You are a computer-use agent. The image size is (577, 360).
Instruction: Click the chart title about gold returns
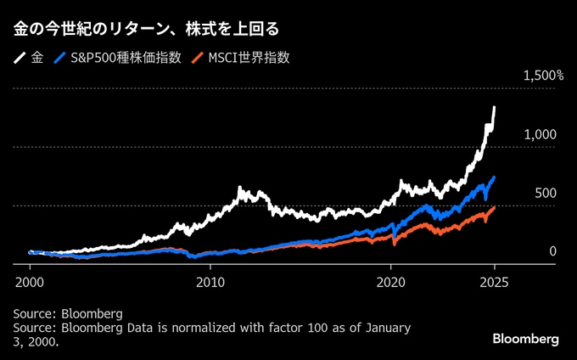pyautogui.click(x=145, y=29)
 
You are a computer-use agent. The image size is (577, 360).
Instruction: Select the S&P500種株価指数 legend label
pyautogui.click(x=126, y=59)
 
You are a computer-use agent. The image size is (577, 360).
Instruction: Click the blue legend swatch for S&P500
pyautogui.click(x=60, y=59)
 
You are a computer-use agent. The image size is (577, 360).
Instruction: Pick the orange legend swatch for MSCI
pyautogui.click(x=198, y=59)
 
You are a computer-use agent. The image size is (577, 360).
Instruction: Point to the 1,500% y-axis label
pyautogui.click(x=543, y=76)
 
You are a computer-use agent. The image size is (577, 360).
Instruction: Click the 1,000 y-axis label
pyautogui.click(x=540, y=135)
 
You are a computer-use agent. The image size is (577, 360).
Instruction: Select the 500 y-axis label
pyautogui.click(x=545, y=194)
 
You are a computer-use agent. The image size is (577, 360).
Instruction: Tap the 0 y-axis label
pyautogui.click(x=552, y=251)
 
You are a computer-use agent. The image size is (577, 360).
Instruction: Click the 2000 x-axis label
pyautogui.click(x=29, y=280)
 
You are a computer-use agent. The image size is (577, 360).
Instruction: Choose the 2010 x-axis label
pyautogui.click(x=210, y=280)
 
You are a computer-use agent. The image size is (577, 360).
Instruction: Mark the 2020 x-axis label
pyautogui.click(x=390, y=280)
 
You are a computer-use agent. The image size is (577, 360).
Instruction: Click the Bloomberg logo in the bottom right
pyautogui.click(x=525, y=339)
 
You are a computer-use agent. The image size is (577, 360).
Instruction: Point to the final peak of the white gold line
pyautogui.click(x=495, y=108)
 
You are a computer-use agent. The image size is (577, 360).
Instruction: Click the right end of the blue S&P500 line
pyautogui.click(x=495, y=177)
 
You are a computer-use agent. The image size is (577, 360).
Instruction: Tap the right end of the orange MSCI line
pyautogui.click(x=495, y=207)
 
